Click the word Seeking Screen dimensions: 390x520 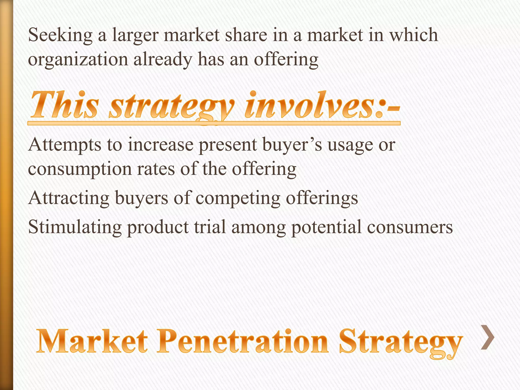[x=60, y=36]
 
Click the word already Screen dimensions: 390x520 [x=163, y=60]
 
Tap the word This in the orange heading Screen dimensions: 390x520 [x=64, y=105]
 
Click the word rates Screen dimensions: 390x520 [x=156, y=169]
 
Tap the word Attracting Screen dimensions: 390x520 [x=69, y=198]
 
